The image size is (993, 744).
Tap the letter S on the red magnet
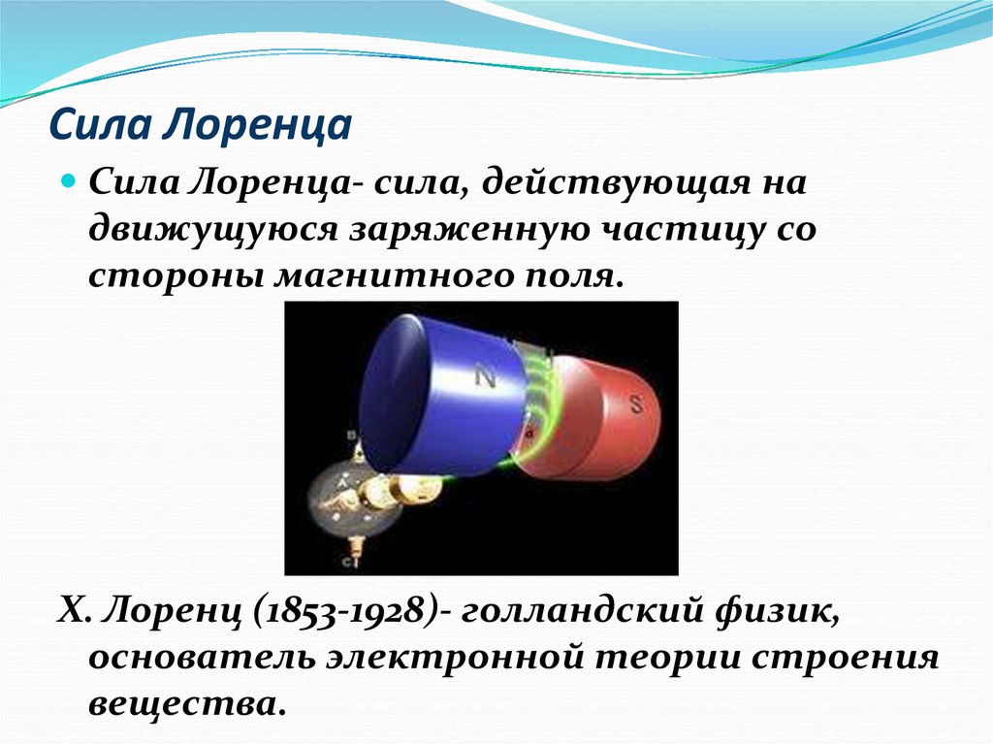tap(637, 406)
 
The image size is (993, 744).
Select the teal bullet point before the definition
tap(69, 181)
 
